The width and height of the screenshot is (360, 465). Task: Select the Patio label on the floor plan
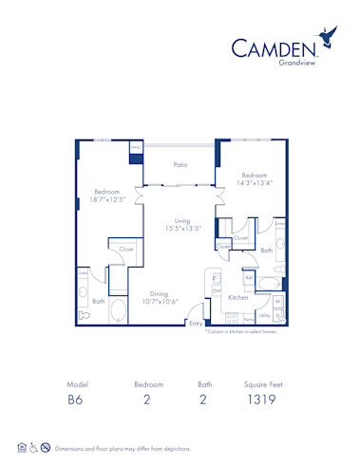point(180,165)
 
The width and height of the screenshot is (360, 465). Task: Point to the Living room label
point(182,221)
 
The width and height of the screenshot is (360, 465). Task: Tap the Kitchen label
point(237,297)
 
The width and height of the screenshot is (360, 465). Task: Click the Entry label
point(196,324)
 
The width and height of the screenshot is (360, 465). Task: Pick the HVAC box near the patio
point(135,148)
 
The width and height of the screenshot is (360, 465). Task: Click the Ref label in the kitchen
point(249,278)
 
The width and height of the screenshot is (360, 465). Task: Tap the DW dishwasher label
point(217,289)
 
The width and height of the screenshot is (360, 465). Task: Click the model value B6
point(76,400)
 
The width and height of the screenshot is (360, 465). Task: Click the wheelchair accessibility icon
point(33,447)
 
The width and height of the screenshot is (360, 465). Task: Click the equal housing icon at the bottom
point(21,447)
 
